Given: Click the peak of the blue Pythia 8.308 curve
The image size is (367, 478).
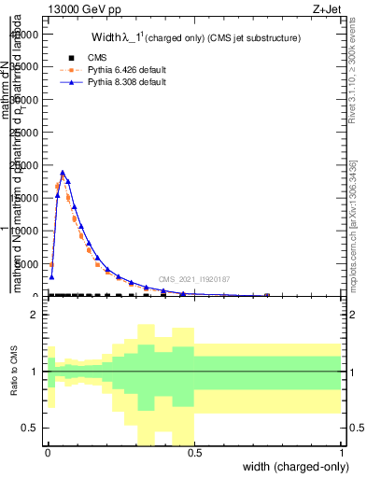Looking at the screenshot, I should coord(63,172).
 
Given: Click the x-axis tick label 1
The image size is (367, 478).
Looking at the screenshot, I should coord(342,455).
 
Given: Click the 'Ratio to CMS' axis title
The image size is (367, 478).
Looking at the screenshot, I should coord(12,372).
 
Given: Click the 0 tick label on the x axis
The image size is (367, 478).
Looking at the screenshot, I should coord(48,455).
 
